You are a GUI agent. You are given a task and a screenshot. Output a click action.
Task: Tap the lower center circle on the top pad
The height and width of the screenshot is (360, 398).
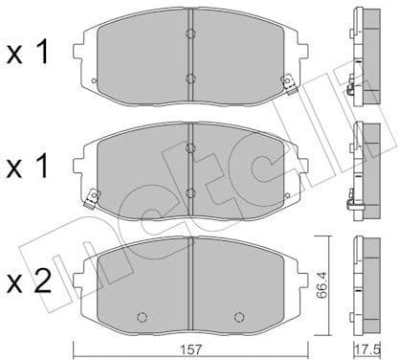[191, 79]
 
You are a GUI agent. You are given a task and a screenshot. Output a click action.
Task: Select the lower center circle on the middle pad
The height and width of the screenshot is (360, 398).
[191, 193]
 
